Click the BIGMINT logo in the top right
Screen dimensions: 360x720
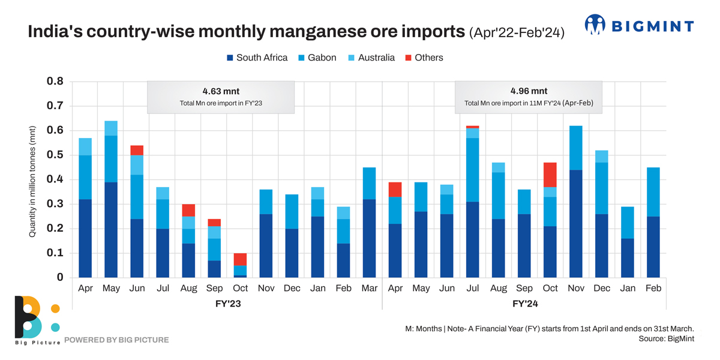[x=639, y=26]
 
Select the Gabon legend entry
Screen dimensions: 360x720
[x=317, y=58]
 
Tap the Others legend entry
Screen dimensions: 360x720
[x=424, y=58]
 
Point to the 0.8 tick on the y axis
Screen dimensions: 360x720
[x=55, y=82]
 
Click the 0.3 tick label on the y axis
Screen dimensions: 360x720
[x=55, y=205]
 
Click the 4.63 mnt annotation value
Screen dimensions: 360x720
[x=220, y=91]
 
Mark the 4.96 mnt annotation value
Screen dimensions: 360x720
[x=529, y=91]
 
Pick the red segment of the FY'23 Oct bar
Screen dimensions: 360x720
[x=240, y=259]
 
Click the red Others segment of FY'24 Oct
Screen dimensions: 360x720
[x=550, y=175]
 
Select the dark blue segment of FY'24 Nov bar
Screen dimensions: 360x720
[x=575, y=224]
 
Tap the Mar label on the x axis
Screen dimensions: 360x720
[x=370, y=288]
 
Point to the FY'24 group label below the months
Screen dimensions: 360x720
[x=526, y=304]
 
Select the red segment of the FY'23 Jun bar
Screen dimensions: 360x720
[x=137, y=150]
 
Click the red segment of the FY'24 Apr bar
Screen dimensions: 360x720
[x=395, y=190]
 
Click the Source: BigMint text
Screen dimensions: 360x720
[x=666, y=339]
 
